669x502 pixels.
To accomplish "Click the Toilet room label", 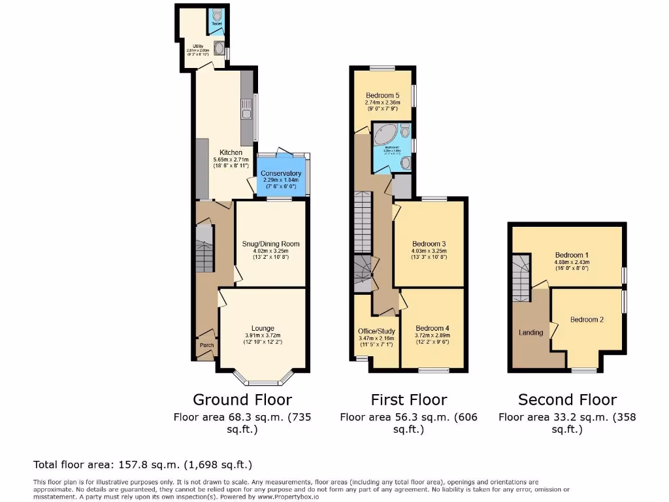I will click(216, 24).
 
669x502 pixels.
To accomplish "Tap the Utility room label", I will click(197, 46).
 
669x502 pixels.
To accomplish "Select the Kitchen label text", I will click(212, 153).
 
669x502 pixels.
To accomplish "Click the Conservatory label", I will click(283, 173).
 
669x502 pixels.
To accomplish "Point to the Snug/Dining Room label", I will click(270, 244).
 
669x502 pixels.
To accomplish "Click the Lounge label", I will click(263, 328).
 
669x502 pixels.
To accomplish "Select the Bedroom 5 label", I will click(382, 95).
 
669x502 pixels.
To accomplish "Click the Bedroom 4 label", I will click(432, 328).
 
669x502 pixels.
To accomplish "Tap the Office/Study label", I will click(377, 331).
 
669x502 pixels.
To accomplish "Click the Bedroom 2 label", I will click(587, 320).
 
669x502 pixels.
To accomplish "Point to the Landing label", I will click(530, 333).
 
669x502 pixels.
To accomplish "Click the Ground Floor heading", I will click(242, 399).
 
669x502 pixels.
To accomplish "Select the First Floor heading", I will click(408, 399).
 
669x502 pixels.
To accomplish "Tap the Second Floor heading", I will click(567, 399).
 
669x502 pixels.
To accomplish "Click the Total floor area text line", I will click(142, 465).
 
